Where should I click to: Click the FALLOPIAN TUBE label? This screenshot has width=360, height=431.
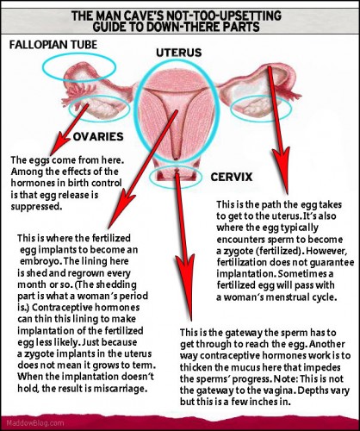click(x=53, y=45)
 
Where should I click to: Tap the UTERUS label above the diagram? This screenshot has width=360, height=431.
click(x=179, y=53)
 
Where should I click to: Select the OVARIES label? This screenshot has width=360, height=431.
click(x=98, y=136)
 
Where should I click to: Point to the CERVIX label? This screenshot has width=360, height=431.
click(x=232, y=177)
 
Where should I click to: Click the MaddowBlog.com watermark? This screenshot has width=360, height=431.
click(x=35, y=423)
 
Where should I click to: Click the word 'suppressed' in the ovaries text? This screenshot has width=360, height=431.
click(x=36, y=207)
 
